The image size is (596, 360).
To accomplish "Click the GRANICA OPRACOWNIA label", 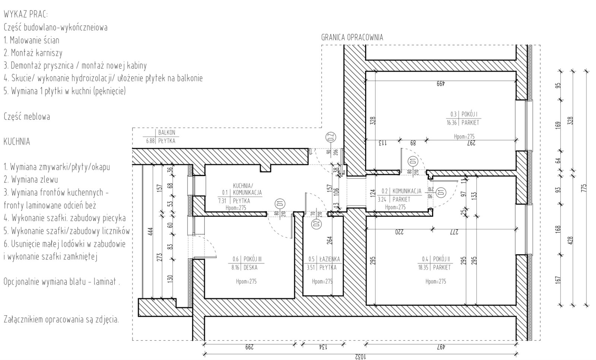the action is tap(352, 38).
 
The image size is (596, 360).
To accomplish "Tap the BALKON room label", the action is tap(167, 133).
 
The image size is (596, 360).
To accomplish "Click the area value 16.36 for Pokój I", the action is tap(451, 123).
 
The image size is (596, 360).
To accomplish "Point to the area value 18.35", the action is tap(423, 267).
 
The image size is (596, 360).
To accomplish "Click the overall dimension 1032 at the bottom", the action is tap(360, 357).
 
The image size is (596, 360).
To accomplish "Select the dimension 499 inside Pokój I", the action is tap(441, 83).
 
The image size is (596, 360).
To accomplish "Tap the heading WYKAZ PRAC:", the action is tap(26, 15).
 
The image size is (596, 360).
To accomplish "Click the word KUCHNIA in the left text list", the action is tap(17, 142).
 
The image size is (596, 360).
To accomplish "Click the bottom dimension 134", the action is tap(323, 347).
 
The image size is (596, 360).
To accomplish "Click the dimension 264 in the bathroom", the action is tap(329, 242).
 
